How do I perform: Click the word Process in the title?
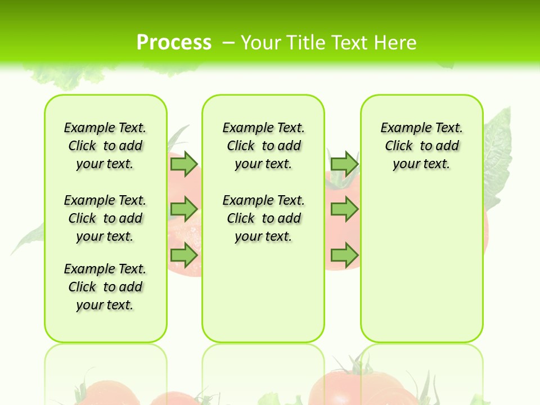tap(174, 42)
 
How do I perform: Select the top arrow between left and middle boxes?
tap(184, 164)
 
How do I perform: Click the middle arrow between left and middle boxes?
tap(184, 209)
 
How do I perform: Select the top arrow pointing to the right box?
tap(344, 164)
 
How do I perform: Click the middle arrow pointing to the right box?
tap(344, 209)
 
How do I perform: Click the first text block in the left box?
tap(105, 146)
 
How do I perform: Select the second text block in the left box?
tap(105, 218)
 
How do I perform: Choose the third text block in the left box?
tap(105, 287)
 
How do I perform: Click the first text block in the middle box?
tap(263, 146)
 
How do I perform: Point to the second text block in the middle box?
tap(263, 218)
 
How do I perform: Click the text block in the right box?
tap(421, 146)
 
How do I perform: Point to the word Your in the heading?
tap(262, 43)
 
